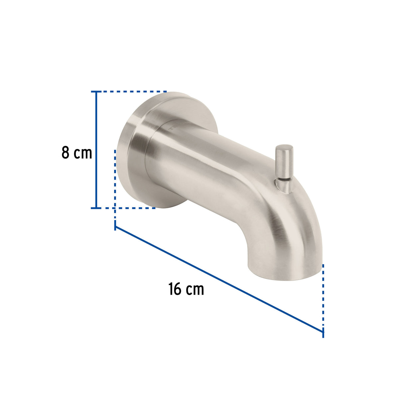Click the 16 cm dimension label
(186, 289)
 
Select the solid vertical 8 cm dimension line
(96, 150)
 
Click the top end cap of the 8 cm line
(96, 91)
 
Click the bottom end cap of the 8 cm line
(96, 208)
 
